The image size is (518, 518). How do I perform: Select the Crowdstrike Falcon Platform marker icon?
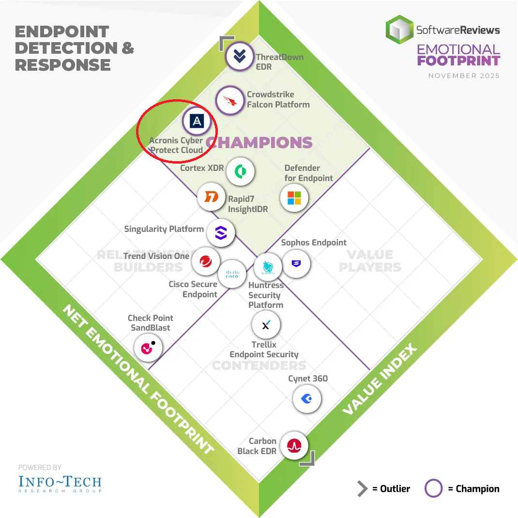229,100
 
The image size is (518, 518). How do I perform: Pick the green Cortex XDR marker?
240,171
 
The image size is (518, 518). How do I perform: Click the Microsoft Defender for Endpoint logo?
294,198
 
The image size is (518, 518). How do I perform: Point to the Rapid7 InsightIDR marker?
212,197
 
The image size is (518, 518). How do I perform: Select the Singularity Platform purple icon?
221,233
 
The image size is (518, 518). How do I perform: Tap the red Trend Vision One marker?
205,261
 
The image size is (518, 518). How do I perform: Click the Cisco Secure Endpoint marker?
231,274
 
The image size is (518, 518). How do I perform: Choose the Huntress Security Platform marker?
267,267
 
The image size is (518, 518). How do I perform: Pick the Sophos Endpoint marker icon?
296,264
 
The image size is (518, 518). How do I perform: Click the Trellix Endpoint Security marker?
266,325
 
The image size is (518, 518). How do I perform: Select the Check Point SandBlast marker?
148,347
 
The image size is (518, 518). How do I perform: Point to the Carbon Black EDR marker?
294,445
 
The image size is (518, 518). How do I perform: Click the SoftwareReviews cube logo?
399,30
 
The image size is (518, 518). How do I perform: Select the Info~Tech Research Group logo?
60,483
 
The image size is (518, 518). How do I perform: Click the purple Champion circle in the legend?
433,489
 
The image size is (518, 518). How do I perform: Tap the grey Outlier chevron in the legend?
362,489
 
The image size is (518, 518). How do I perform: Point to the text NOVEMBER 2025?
464,76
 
